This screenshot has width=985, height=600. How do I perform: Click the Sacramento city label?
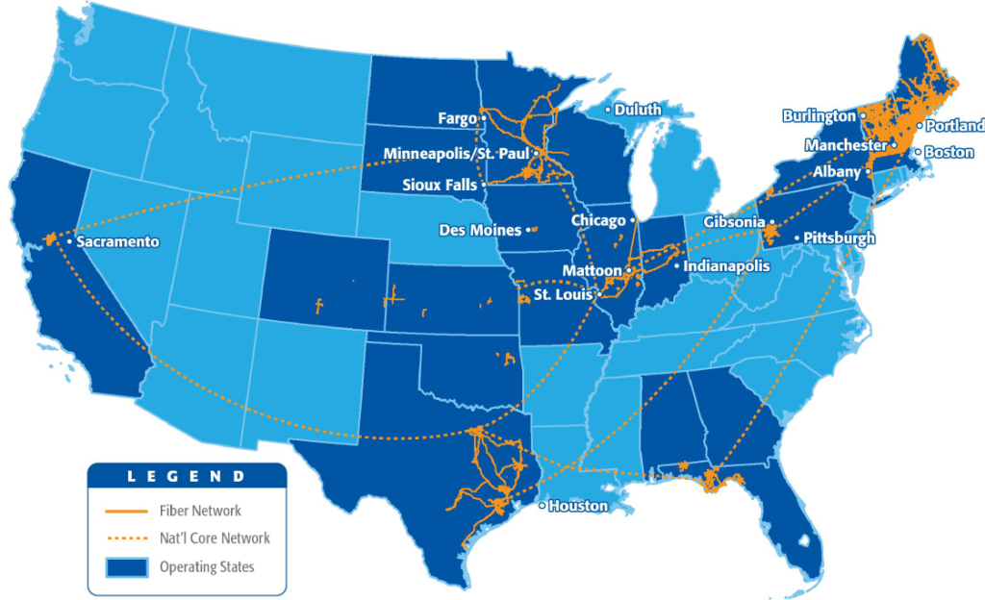(117, 241)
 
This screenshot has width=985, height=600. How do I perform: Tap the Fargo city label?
(457, 119)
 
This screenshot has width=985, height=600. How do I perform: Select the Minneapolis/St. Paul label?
(457, 154)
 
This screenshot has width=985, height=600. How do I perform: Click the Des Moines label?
(479, 230)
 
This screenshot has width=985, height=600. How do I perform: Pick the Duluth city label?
(638, 110)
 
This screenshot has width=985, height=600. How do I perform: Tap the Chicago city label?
(598, 221)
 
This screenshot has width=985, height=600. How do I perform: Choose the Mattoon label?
(592, 270)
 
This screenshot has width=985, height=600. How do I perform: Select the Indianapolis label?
(726, 265)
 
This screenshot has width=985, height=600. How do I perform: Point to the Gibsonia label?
(735, 221)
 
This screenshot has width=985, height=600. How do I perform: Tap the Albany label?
(836, 171)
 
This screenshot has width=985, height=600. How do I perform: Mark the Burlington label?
(819, 115)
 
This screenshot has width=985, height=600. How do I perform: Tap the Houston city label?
(578, 506)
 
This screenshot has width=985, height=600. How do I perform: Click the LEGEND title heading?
(187, 476)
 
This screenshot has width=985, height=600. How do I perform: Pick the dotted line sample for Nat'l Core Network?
(126, 538)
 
